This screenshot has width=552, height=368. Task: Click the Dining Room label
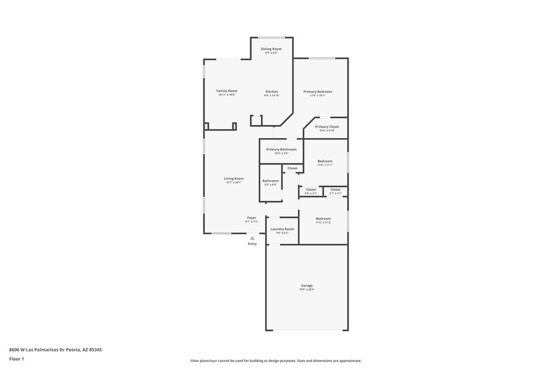pyautogui.click(x=271, y=49)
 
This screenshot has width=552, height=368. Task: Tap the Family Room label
pyautogui.click(x=227, y=91)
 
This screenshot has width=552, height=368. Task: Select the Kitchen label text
pyautogui.click(x=272, y=91)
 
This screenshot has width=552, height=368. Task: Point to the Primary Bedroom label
pyautogui.click(x=317, y=92)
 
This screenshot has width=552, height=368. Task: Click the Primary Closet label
pyautogui.click(x=327, y=127)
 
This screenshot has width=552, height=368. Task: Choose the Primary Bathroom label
pyautogui.click(x=282, y=149)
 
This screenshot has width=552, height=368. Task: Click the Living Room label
pyautogui.click(x=234, y=178)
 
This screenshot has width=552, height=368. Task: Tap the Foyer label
pyautogui.click(x=252, y=217)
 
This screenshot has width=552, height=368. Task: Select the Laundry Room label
pyautogui.click(x=282, y=229)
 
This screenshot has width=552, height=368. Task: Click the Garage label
pyautogui.click(x=307, y=285)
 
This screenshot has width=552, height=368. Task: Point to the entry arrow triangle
pyautogui.click(x=252, y=238)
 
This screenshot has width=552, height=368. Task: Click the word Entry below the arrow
pyautogui.click(x=252, y=244)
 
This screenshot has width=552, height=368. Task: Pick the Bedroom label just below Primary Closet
pyautogui.click(x=324, y=161)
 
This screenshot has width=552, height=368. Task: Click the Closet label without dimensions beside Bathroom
pyautogui.click(x=293, y=168)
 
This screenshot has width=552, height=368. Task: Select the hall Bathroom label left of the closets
pyautogui.click(x=270, y=180)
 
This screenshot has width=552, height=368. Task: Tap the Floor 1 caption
pyautogui.click(x=17, y=359)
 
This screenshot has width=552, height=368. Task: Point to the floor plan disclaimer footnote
pyautogui.click(x=276, y=360)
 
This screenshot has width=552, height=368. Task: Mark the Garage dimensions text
pyautogui.click(x=307, y=289)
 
